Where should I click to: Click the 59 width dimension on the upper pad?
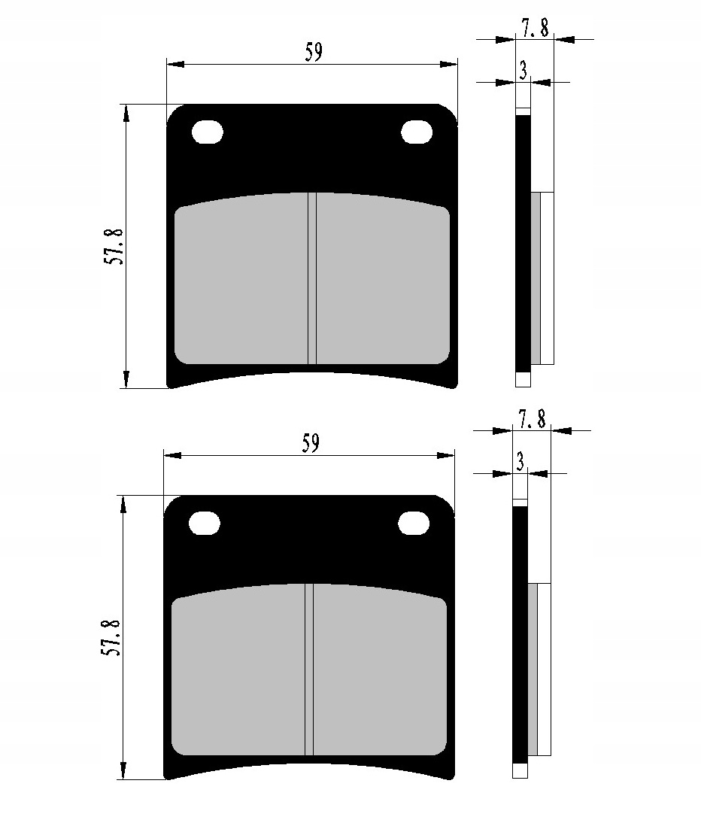click(314, 52)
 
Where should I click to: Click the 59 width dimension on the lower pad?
click(311, 443)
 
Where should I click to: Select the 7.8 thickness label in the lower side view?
click(532, 418)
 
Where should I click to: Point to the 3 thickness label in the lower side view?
click(520, 461)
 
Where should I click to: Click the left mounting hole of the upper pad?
click(208, 132)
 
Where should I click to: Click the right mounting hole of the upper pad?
click(416, 132)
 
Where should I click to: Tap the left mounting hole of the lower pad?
click(205, 523)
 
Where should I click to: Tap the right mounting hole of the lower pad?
click(413, 522)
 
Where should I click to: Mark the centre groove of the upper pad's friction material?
click(312, 278)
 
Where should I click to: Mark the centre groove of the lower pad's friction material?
click(309, 670)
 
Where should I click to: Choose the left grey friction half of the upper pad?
click(241, 282)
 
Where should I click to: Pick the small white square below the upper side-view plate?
click(523, 380)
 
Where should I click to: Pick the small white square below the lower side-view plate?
click(520, 771)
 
